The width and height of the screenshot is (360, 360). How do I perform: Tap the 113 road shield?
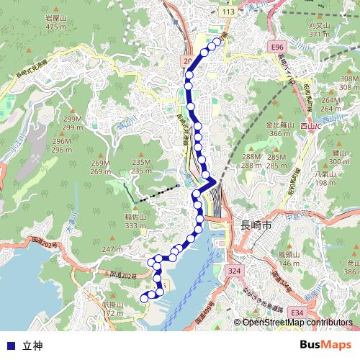[x=229, y=13]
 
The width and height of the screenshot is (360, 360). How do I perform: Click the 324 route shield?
[x=233, y=271]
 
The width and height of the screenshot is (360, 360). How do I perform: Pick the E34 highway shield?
[x=296, y=312]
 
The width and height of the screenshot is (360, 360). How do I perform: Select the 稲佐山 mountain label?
[x=135, y=217]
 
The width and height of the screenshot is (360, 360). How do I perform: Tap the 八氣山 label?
[x=325, y=175]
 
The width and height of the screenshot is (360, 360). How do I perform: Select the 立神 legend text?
[x=32, y=346]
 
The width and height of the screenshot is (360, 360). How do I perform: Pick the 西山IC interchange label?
[x=312, y=127]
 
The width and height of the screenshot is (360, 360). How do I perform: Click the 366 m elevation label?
[x=281, y=133]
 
